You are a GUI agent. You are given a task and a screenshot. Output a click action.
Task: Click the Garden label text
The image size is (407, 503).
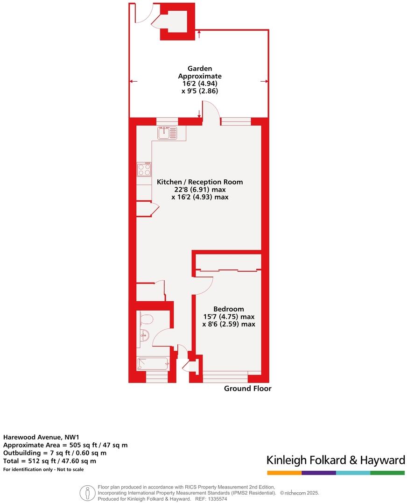coord(199,69)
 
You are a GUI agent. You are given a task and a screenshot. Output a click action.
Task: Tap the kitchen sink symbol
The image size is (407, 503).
coord(167,133)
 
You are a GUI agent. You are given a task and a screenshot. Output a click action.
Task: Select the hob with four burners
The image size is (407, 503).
coord(144,169)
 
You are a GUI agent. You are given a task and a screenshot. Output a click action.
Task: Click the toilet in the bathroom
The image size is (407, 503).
coord(146,319)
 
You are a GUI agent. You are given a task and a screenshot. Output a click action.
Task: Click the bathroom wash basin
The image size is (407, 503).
coord(144,334)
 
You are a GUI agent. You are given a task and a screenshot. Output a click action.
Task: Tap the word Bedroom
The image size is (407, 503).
coord(228,309)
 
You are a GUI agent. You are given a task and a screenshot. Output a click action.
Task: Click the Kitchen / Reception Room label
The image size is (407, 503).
coord(200,182)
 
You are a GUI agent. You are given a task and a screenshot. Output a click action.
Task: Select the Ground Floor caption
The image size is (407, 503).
coord(247,389)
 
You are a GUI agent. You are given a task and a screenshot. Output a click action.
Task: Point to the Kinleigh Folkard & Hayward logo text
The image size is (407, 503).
coord(335,460)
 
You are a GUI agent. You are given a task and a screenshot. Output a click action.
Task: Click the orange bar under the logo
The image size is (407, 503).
coord(284,473)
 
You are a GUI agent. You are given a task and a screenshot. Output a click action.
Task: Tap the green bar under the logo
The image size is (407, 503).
coord(387,473)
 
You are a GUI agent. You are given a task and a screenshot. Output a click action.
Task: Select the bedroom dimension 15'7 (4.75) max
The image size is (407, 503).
coord(228,317)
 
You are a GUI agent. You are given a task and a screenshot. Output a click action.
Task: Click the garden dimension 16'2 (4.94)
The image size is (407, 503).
coord(199,84)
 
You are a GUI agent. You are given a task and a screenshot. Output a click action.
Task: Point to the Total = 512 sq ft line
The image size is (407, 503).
coord(49,461)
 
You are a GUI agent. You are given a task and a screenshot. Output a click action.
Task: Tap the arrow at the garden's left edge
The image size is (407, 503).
coord(133,82)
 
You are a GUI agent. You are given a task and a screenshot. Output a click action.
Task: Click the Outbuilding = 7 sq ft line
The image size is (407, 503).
coord(55,453)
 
